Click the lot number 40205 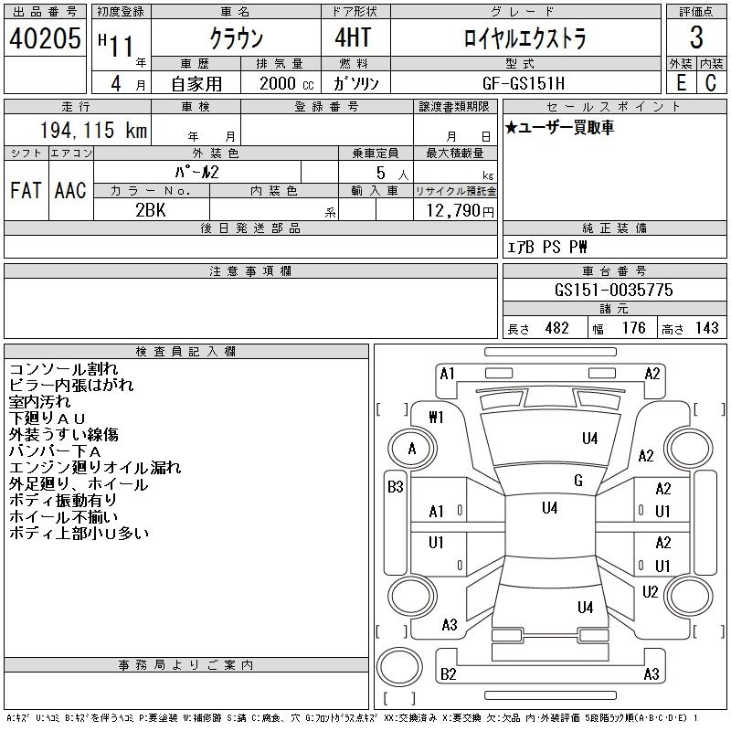coord(45,38)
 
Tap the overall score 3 coord(696,38)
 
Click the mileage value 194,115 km coord(93,131)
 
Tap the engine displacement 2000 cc coord(281,82)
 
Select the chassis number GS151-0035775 coord(614,290)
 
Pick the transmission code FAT coord(26,190)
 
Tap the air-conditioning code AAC coord(70,190)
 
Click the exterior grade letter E coord(681,82)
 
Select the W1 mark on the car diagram coord(436,418)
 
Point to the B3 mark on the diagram coord(395,487)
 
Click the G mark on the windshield coord(578,481)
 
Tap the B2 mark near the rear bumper coord(448,674)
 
